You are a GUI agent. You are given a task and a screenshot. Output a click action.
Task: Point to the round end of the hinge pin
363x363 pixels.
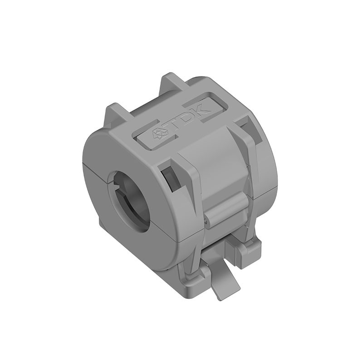(206, 221)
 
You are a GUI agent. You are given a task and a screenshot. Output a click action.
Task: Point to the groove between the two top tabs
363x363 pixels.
(145, 102)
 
